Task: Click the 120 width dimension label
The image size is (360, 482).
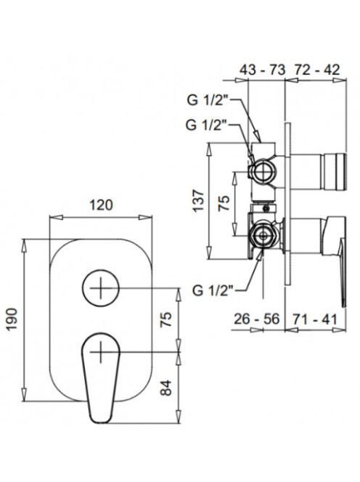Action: pyautogui.click(x=101, y=205)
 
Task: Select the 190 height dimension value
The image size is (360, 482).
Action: pyautogui.click(x=12, y=319)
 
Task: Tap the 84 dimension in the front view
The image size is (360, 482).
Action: pyautogui.click(x=166, y=388)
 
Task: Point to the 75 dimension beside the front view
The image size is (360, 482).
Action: pyautogui.click(x=166, y=319)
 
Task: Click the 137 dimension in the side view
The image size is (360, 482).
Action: pyautogui.click(x=198, y=200)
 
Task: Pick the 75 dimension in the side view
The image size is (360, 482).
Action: pyautogui.click(x=224, y=203)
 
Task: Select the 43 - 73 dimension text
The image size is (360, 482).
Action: pyautogui.click(x=262, y=70)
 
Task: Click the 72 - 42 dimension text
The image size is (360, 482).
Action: pyautogui.click(x=317, y=70)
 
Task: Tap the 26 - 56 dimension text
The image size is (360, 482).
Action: pyautogui.click(x=257, y=319)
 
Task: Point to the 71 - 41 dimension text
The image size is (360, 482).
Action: pyautogui.click(x=314, y=319)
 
